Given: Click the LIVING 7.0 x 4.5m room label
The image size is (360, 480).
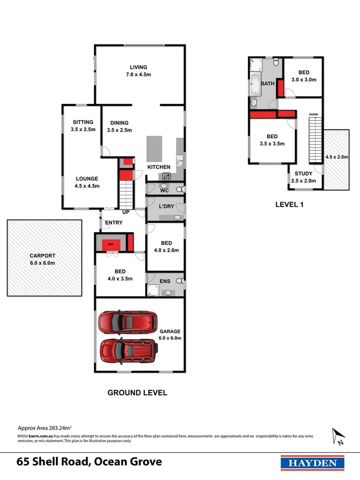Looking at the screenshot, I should (x=138, y=71).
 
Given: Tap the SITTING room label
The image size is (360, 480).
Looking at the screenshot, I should (x=83, y=126).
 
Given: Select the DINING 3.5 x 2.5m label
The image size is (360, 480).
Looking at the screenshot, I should (x=119, y=126).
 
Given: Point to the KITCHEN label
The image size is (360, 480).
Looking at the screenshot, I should (x=158, y=167).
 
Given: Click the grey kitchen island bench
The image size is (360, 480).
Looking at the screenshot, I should (x=154, y=149).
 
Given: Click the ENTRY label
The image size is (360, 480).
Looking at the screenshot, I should (x=114, y=222).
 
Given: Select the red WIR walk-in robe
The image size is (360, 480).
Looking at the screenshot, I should (x=111, y=245).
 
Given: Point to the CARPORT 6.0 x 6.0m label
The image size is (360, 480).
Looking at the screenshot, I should (x=42, y=259).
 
